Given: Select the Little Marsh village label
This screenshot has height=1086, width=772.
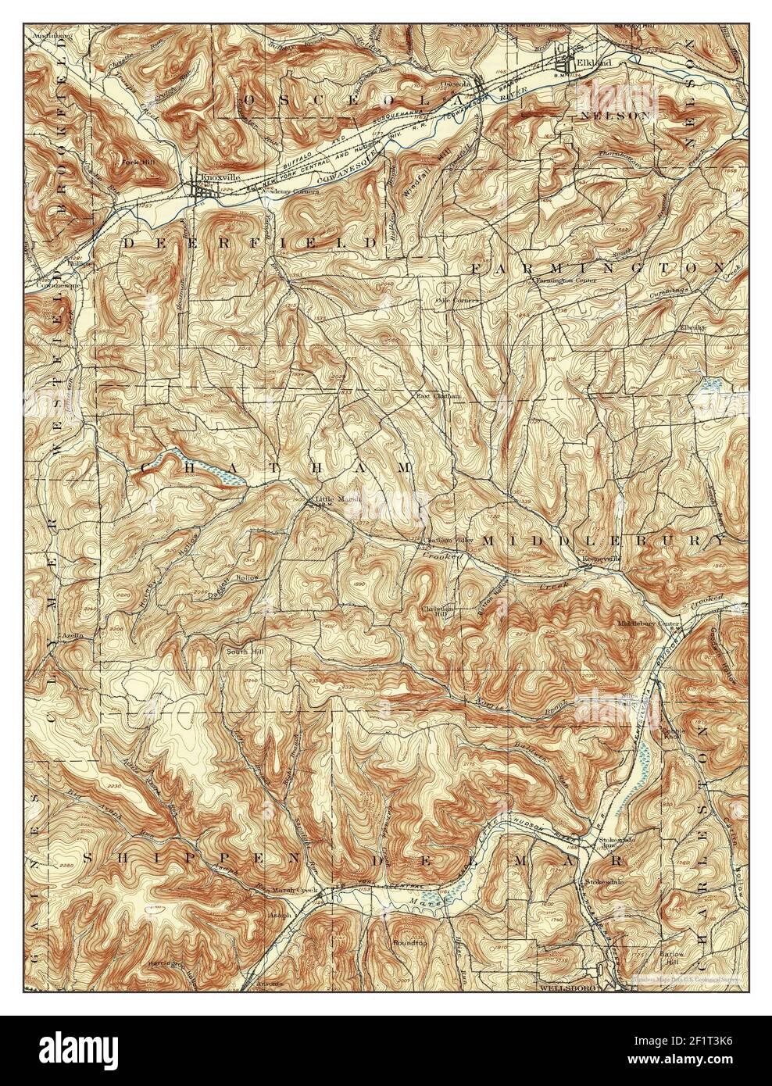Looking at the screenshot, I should (331, 500).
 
